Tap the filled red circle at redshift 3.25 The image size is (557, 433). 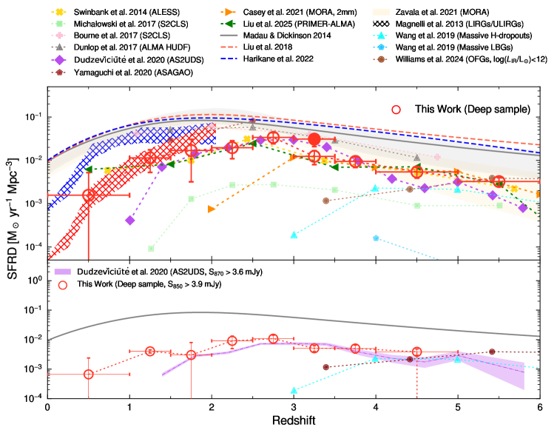pos(314,139)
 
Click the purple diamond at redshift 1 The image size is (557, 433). pos(130,221)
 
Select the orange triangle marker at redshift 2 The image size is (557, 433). pos(212,209)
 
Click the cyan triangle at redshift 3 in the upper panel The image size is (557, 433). pos(294,235)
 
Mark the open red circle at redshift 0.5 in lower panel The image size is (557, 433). pos(89,375)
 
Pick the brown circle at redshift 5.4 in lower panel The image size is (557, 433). pos(491,352)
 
